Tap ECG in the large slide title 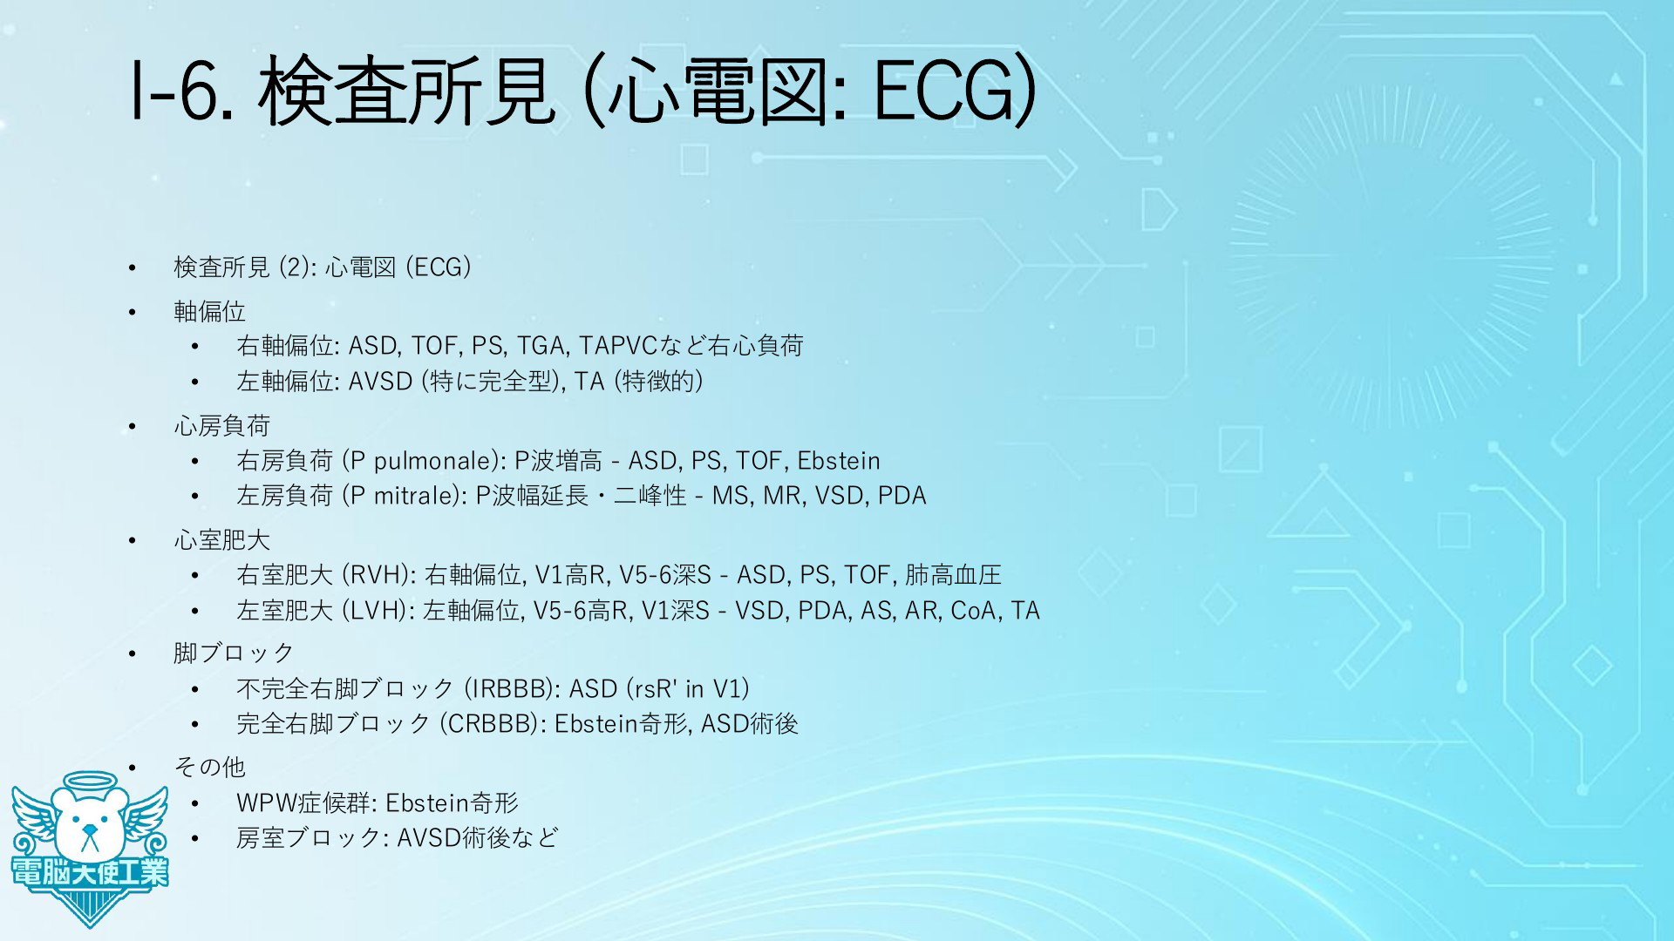pyautogui.click(x=945, y=91)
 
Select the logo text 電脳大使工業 pyautogui.click(x=90, y=871)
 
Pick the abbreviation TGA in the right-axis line pyautogui.click(x=541, y=346)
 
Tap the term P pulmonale pyautogui.click(x=423, y=461)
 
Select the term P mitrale pyautogui.click(x=403, y=496)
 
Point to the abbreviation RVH pyautogui.click(x=376, y=575)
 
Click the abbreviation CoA pyautogui.click(x=973, y=611)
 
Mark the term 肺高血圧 pyautogui.click(x=953, y=575)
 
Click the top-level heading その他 pyautogui.click(x=209, y=767)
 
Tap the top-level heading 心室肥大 pyautogui.click(x=221, y=540)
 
